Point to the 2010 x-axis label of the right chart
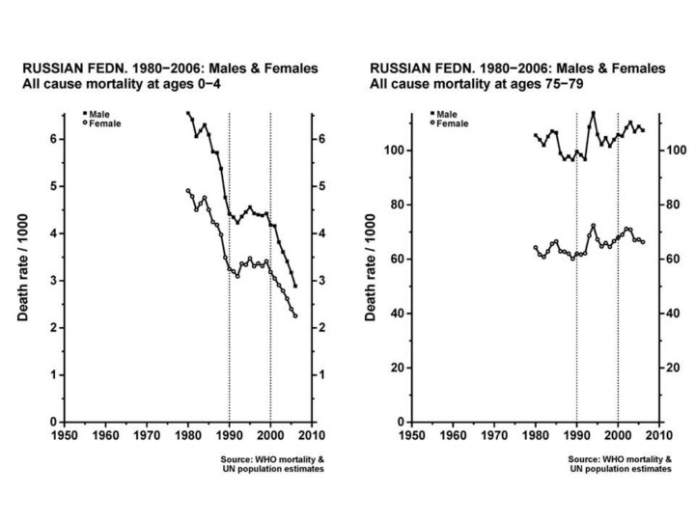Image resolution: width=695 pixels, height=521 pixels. coord(659,436)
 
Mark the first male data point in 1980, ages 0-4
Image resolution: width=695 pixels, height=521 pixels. coord(188,113)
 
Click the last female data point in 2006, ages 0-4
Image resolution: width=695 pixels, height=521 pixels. coord(295,316)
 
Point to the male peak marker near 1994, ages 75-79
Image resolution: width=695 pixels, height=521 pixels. coord(593,113)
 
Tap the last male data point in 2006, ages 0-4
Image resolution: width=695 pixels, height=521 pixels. coord(295,287)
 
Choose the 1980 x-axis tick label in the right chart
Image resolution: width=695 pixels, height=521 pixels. coord(535,436)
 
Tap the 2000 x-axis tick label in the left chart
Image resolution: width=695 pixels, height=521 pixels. coord(270,436)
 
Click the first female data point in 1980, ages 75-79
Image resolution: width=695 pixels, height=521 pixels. coord(535,248)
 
